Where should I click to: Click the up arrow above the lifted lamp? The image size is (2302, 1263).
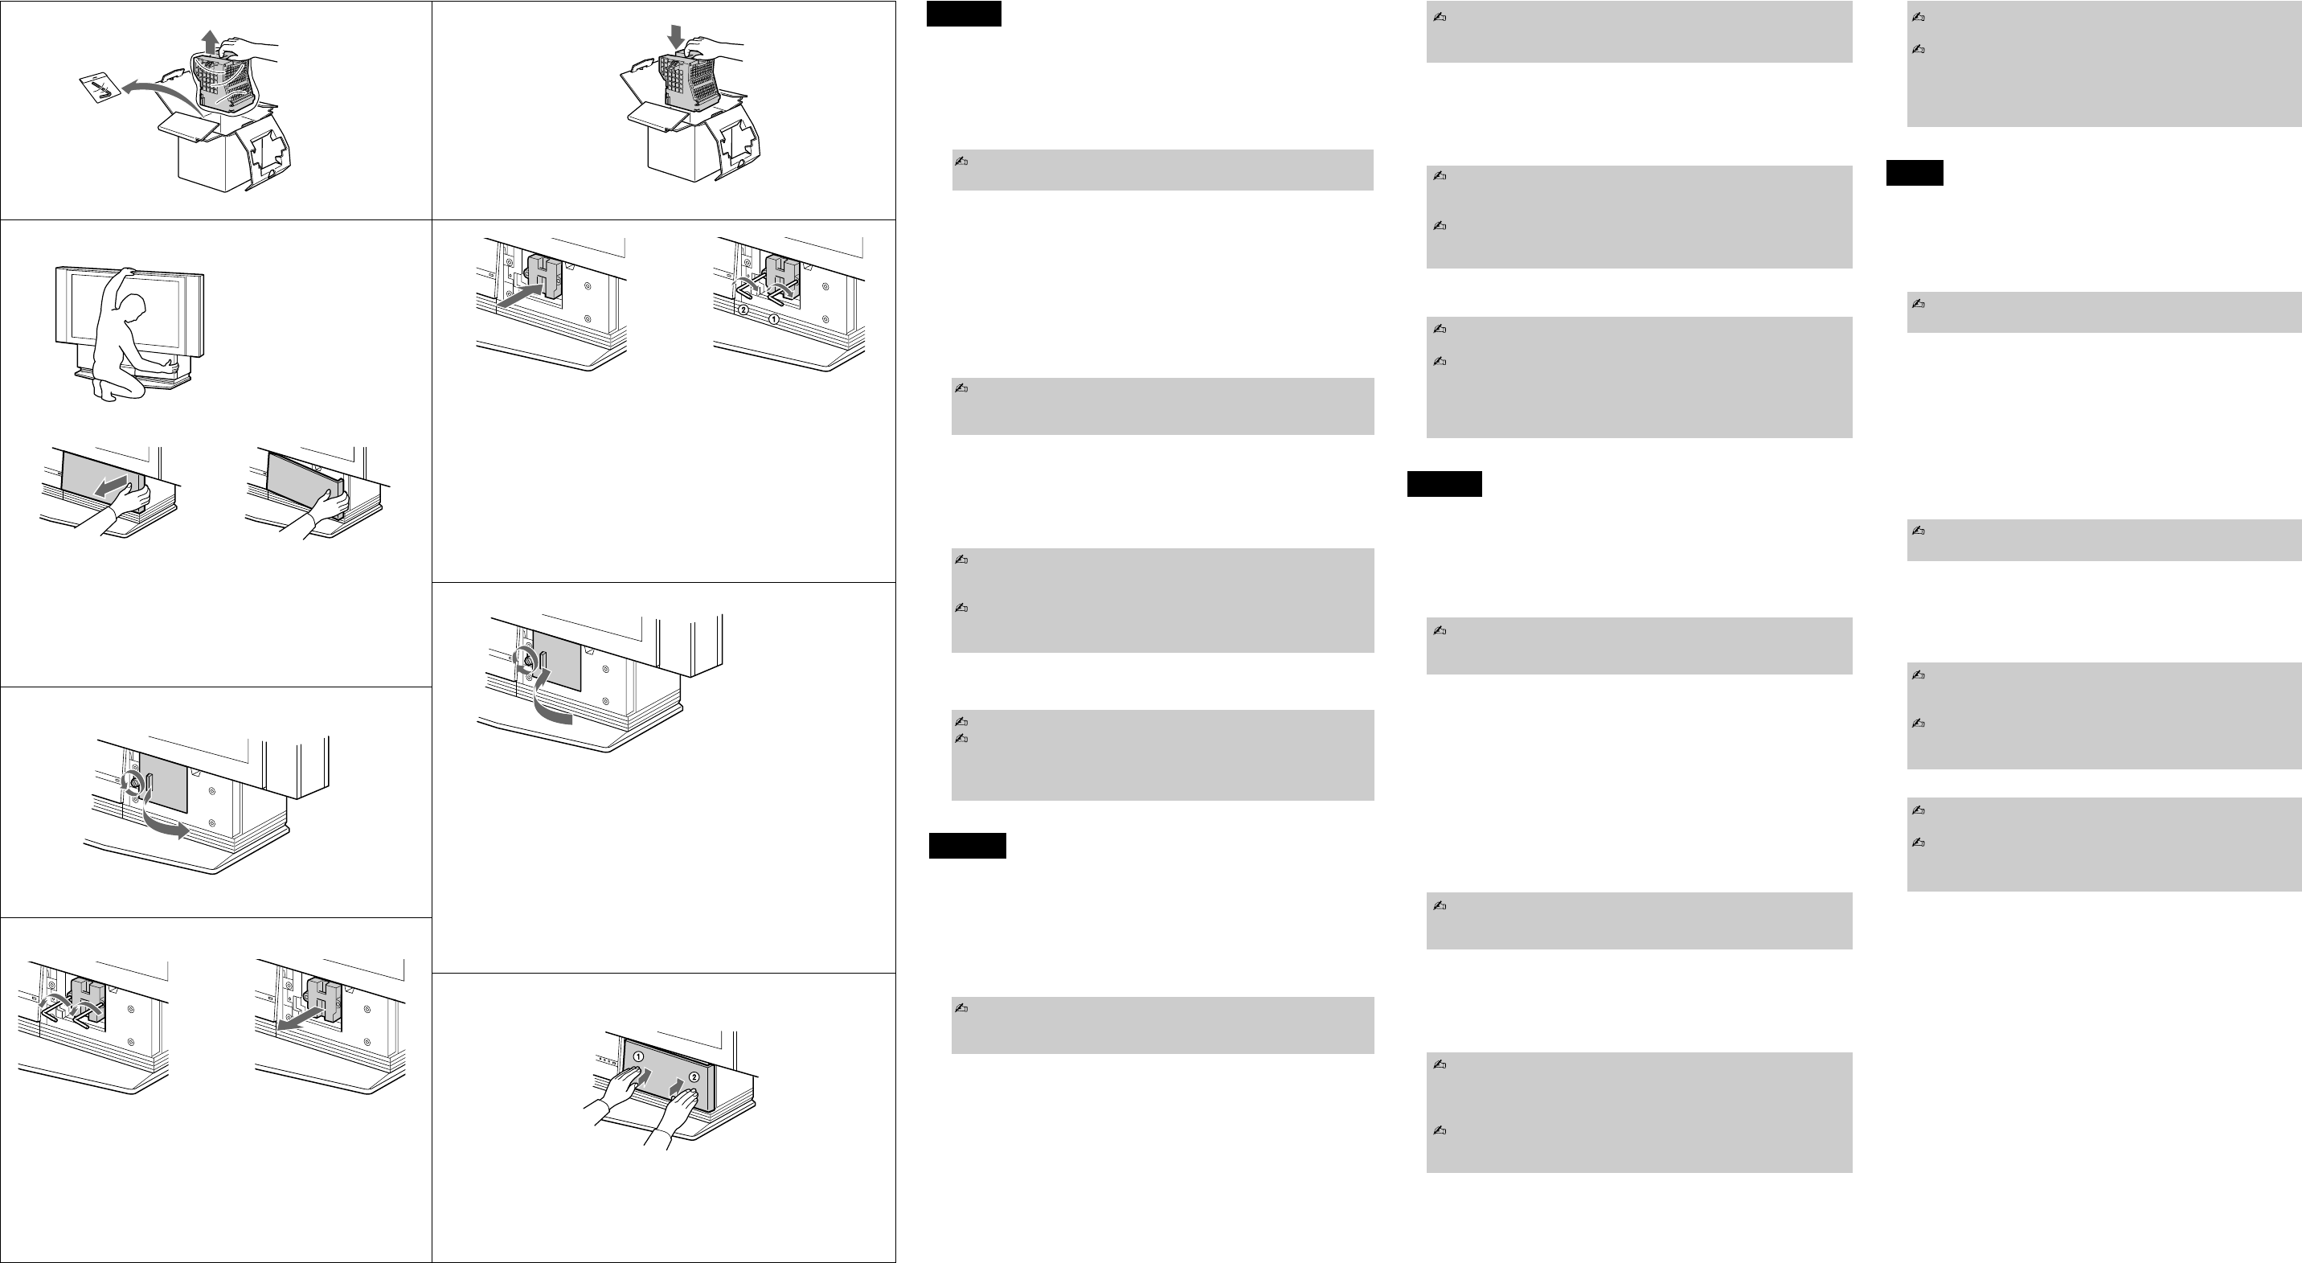209,40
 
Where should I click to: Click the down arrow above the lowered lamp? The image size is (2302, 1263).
676,38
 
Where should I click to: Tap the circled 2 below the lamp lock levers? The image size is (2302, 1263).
743,310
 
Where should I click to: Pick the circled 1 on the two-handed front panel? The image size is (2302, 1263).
638,1056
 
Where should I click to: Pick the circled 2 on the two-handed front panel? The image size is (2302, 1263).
694,1077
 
